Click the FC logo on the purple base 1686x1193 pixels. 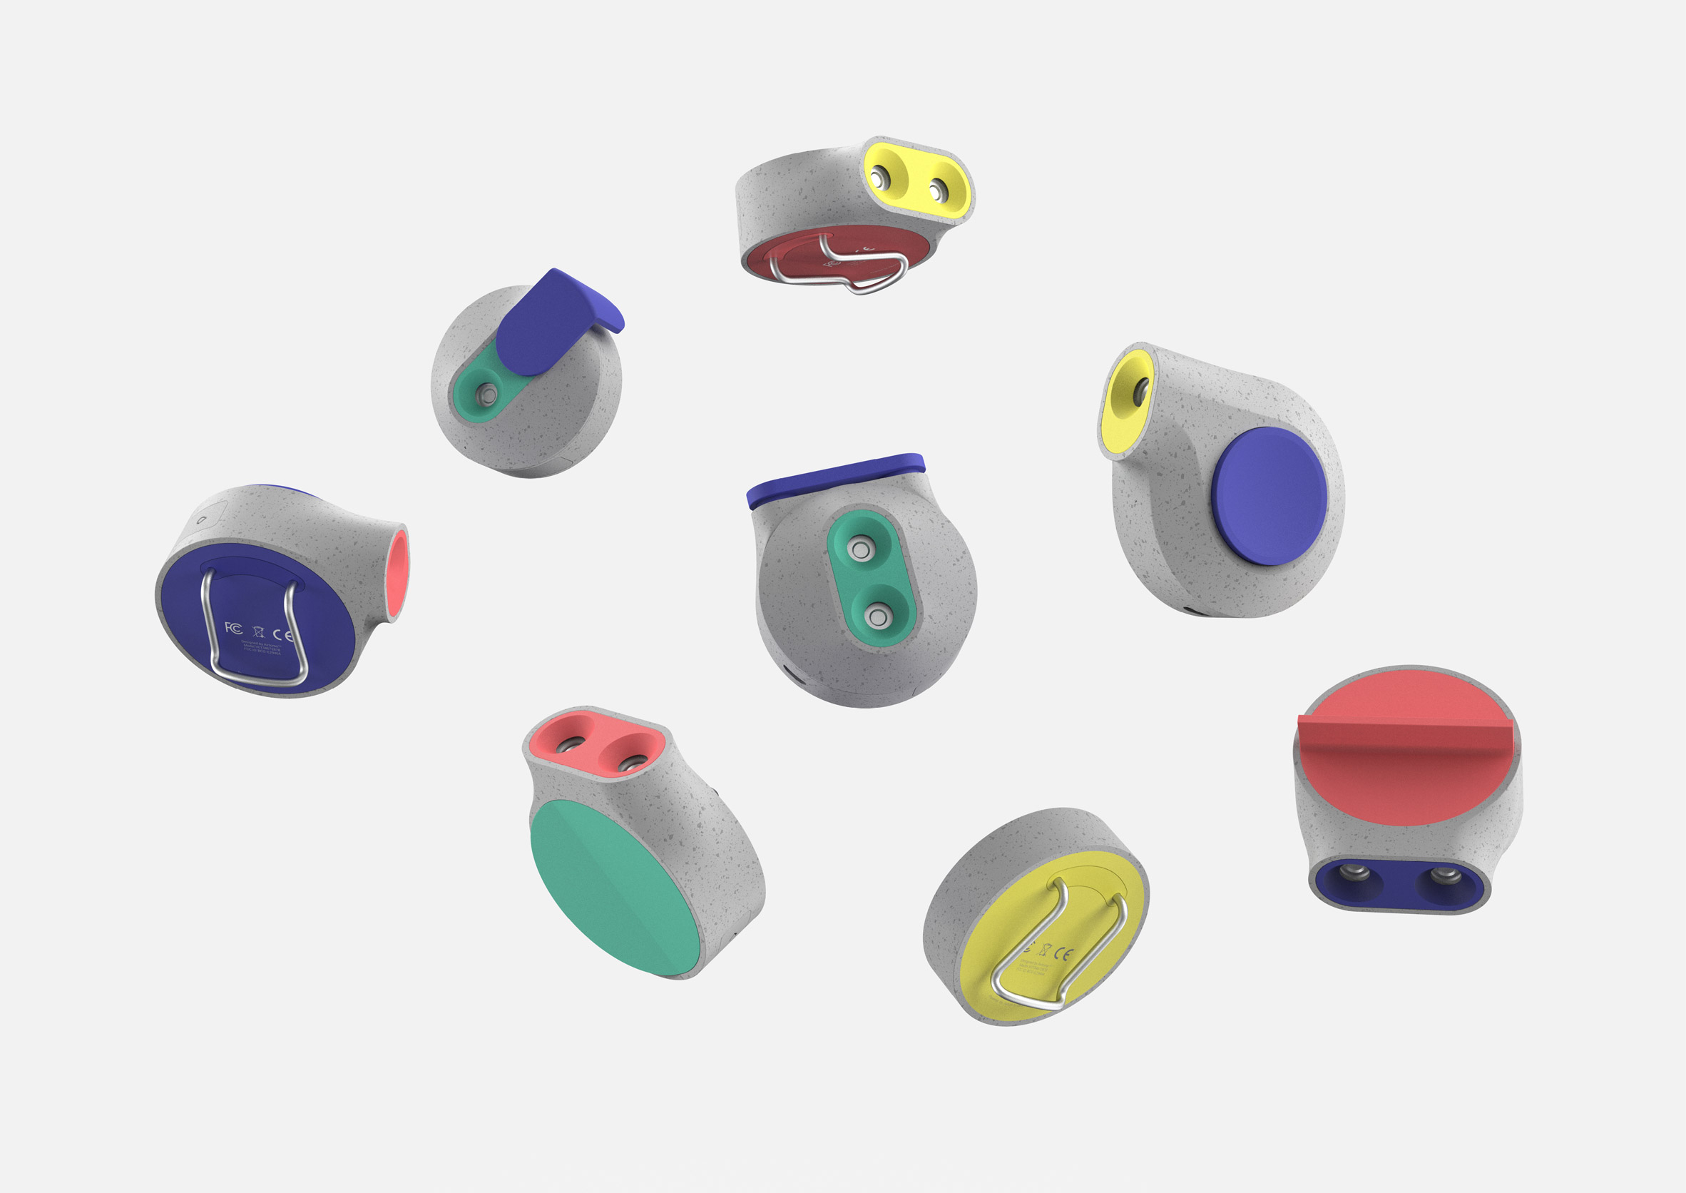pyautogui.click(x=233, y=627)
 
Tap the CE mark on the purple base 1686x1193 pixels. pyautogui.click(x=282, y=635)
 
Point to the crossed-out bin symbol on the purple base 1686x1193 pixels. pyautogui.click(x=257, y=631)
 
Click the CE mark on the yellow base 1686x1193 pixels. pyautogui.click(x=1063, y=954)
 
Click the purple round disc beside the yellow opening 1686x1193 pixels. pyautogui.click(x=1269, y=496)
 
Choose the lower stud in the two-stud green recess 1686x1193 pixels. pyautogui.click(x=876, y=616)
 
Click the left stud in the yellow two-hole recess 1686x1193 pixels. pyautogui.click(x=877, y=178)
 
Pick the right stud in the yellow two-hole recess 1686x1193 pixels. pyautogui.click(x=936, y=192)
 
